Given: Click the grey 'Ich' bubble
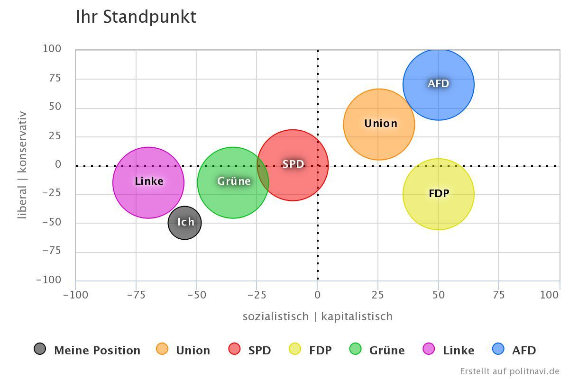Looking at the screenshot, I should point(185,223).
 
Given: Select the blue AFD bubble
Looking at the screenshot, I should point(439,84).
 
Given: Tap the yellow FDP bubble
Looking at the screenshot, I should point(439,194).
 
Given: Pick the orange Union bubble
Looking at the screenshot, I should point(379,124).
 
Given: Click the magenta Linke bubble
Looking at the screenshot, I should point(148,182).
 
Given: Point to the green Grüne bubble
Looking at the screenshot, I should point(233,182).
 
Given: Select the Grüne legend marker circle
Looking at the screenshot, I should point(355,349).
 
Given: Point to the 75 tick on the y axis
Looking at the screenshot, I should point(52,78).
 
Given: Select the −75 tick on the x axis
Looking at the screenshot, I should point(136,295).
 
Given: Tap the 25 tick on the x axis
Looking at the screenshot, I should point(378,295).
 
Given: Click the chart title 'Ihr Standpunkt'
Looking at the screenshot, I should point(136,17).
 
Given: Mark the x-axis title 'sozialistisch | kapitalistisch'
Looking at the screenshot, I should point(317,316).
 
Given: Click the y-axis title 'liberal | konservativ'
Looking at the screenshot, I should point(22,165).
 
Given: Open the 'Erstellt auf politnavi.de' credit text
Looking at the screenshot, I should point(509,371).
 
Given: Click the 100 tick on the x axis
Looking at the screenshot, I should point(549,295).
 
